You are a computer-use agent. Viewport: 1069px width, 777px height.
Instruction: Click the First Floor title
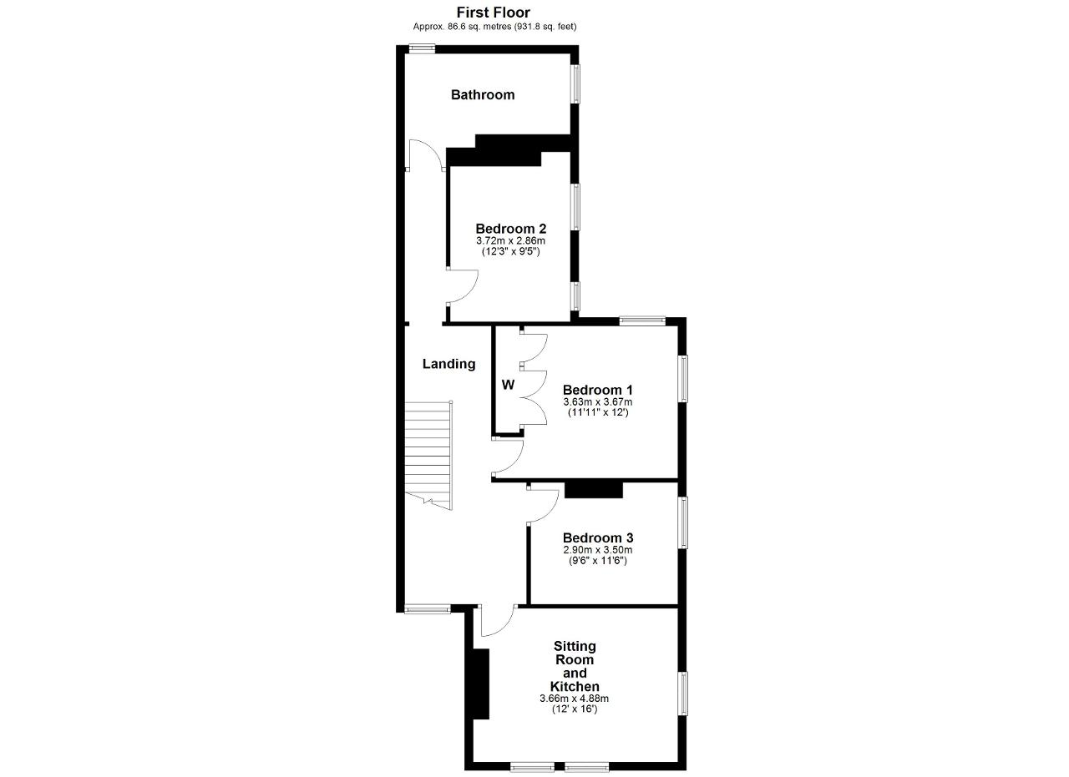pos(494,12)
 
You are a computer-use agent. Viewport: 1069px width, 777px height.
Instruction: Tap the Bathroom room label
pos(483,95)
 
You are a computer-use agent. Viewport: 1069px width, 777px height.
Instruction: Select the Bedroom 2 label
pos(511,229)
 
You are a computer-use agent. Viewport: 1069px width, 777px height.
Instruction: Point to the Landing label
pos(449,365)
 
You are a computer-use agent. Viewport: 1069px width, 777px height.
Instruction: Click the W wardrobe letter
pos(509,385)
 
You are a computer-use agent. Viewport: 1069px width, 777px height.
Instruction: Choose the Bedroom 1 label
pos(598,390)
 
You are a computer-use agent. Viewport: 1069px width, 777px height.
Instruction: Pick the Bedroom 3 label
pos(598,538)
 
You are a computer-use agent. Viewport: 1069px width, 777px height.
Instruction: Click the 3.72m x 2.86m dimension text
pos(510,241)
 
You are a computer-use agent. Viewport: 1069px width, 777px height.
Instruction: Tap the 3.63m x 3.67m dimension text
pos(598,402)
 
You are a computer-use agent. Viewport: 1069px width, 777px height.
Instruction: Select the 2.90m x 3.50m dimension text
pos(598,550)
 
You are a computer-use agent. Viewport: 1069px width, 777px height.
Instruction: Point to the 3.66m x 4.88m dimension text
pos(575,699)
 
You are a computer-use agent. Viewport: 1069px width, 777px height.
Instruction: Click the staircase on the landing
pos(428,456)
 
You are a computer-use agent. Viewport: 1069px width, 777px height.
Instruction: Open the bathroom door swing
pos(426,155)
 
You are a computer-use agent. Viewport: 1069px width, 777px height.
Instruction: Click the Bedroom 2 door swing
pos(463,286)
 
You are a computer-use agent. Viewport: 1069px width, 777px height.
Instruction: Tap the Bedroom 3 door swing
pos(543,506)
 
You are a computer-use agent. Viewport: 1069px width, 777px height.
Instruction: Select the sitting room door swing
pos(499,620)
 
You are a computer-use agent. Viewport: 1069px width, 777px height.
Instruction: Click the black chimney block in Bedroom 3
pos(594,490)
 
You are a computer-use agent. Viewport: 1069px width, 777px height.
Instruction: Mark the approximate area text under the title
pos(494,27)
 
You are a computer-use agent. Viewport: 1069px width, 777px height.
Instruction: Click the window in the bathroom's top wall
pos(423,48)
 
